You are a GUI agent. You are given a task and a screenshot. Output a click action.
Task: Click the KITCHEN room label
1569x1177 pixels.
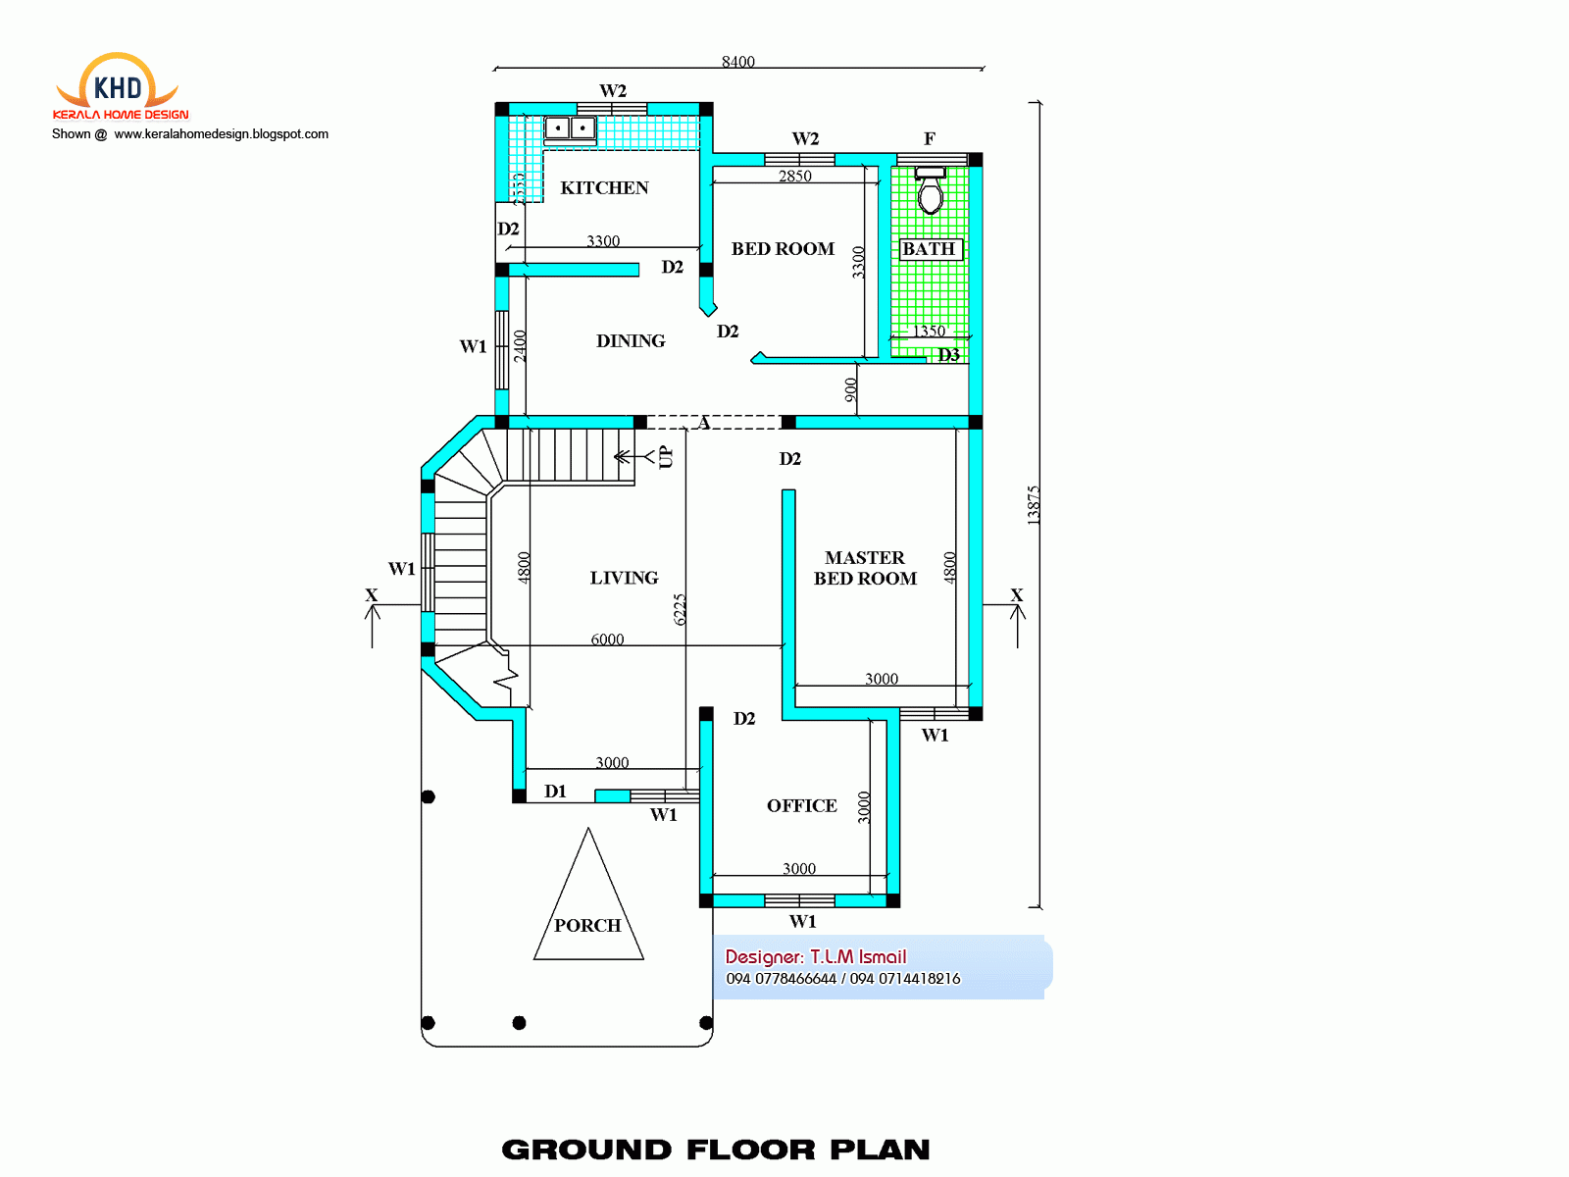[604, 187]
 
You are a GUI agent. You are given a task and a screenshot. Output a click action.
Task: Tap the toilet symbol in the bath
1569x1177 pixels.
[930, 191]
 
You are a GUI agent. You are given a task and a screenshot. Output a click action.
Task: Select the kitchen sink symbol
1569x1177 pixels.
[570, 128]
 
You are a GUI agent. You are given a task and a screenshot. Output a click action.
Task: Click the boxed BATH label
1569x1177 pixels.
[929, 249]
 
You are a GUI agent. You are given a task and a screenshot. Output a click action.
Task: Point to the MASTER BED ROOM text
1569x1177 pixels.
[865, 568]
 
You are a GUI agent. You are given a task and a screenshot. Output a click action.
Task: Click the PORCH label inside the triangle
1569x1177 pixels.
[587, 925]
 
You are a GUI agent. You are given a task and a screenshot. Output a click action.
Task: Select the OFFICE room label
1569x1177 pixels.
[801, 805]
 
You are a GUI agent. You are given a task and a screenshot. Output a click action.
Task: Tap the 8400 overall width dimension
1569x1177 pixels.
[737, 62]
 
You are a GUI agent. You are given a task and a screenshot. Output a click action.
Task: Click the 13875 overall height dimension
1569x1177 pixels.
[1033, 505]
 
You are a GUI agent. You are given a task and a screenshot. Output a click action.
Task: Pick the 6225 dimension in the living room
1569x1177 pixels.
[680, 609]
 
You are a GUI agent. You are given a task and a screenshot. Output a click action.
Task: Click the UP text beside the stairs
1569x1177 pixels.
[666, 457]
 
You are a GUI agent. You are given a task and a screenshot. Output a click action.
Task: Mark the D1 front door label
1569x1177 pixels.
[555, 791]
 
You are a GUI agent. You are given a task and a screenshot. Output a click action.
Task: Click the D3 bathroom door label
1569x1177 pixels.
[948, 355]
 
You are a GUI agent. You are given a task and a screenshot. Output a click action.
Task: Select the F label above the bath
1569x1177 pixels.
[930, 138]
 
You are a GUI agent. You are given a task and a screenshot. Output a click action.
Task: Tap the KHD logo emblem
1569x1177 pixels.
[118, 86]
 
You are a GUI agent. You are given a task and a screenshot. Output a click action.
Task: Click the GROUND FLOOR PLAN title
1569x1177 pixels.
[715, 1150]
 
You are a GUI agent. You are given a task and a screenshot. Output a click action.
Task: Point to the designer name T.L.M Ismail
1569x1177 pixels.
[858, 956]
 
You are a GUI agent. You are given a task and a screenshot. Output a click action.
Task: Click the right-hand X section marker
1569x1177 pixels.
[1016, 595]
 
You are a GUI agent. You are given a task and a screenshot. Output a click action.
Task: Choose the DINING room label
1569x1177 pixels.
[631, 340]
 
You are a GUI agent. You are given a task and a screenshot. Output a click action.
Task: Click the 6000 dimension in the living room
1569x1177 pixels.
[607, 640]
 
